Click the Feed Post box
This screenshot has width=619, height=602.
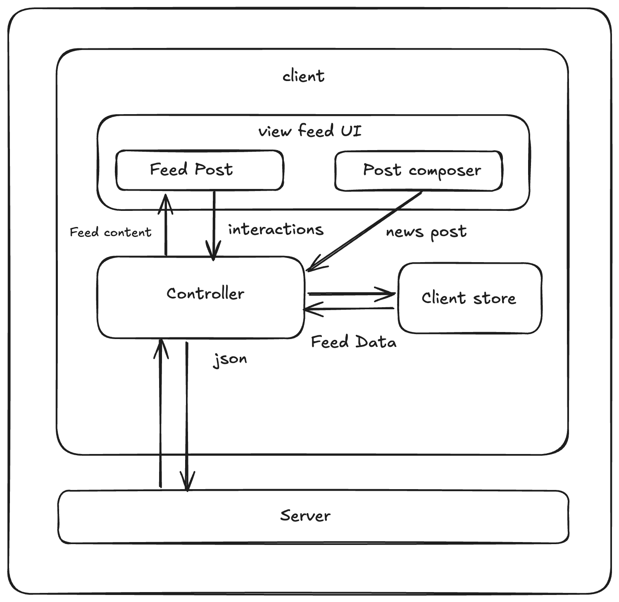click(x=200, y=170)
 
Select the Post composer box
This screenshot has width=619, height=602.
click(x=418, y=171)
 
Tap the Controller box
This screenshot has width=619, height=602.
click(x=201, y=297)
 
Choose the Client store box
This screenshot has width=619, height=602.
click(x=469, y=298)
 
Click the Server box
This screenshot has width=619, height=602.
click(x=313, y=516)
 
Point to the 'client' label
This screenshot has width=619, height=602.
click(x=303, y=76)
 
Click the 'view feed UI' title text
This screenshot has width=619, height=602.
click(x=310, y=131)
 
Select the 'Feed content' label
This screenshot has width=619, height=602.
click(x=110, y=232)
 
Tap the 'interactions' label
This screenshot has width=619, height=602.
click(x=276, y=229)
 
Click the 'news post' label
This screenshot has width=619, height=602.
click(x=426, y=232)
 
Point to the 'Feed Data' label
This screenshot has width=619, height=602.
click(x=353, y=342)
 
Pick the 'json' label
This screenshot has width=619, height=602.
click(x=230, y=359)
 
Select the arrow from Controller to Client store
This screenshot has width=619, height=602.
click(x=351, y=294)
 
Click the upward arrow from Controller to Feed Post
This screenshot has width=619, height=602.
click(x=166, y=225)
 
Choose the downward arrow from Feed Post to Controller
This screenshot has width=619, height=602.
click(x=214, y=225)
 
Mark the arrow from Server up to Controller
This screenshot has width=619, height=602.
click(x=160, y=413)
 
